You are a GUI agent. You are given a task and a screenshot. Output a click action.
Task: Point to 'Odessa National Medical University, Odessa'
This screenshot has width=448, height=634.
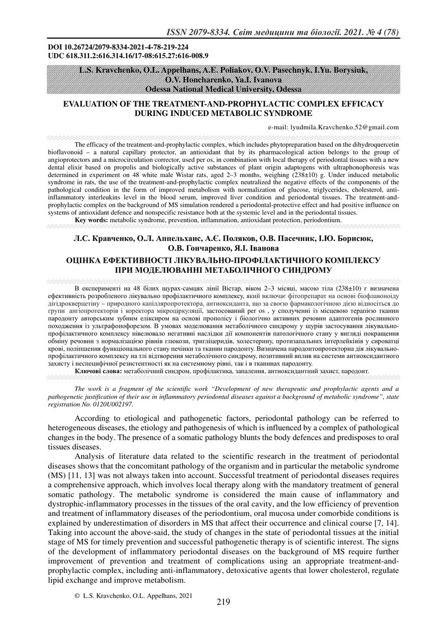pos(223,88)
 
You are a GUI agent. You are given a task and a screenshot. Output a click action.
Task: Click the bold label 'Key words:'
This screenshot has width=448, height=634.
pos(92,220)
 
